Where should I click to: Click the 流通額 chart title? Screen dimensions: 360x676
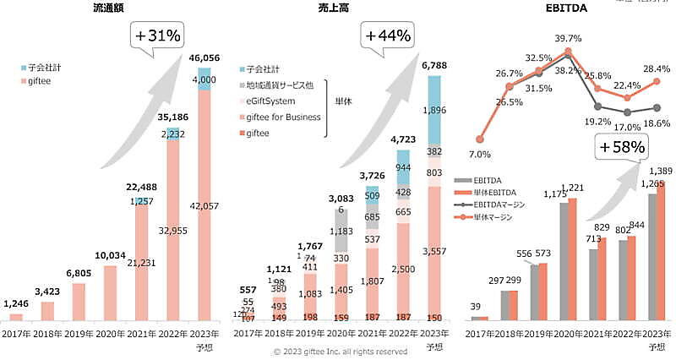[x=112, y=9]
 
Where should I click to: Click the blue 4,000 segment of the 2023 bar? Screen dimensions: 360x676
[x=204, y=79]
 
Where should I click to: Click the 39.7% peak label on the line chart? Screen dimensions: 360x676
[x=568, y=39]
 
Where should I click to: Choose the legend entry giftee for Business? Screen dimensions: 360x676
[x=286, y=117]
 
